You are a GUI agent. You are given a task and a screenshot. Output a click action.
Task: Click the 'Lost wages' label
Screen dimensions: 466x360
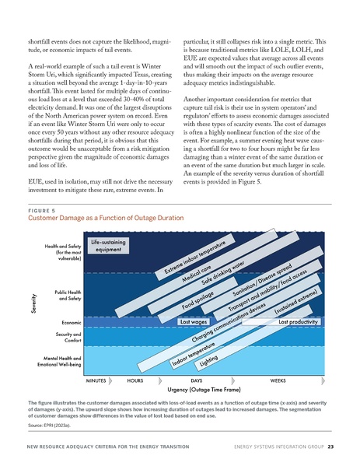point(192,321)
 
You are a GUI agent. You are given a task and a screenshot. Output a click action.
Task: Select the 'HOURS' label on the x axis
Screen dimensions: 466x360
point(135,382)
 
